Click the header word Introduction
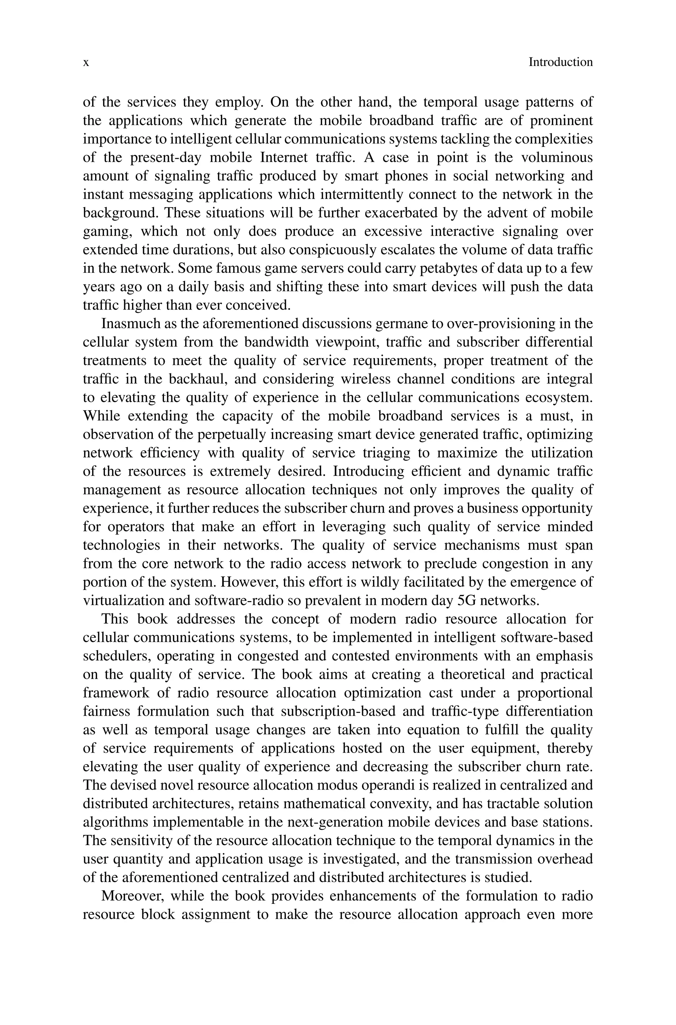coord(560,62)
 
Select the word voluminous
coord(557,158)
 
